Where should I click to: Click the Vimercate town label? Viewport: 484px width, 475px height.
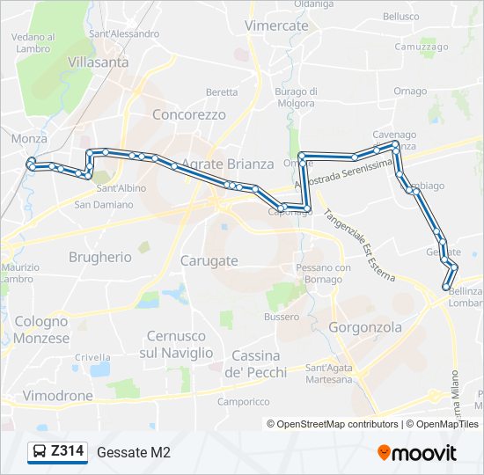pyautogui.click(x=276, y=26)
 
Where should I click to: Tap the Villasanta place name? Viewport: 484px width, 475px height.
pyautogui.click(x=98, y=62)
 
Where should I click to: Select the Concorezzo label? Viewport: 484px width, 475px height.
pyautogui.click(x=189, y=114)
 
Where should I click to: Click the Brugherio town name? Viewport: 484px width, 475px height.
pyautogui.click(x=100, y=257)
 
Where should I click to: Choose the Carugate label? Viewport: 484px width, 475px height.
pyautogui.click(x=209, y=260)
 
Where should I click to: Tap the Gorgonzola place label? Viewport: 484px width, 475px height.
pyautogui.click(x=364, y=327)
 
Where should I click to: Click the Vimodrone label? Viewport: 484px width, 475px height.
pyautogui.click(x=57, y=396)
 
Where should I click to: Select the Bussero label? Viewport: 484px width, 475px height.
pyautogui.click(x=282, y=316)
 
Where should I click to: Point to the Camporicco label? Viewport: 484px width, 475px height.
pyautogui.click(x=244, y=401)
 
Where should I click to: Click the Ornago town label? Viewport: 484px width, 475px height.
pyautogui.click(x=410, y=91)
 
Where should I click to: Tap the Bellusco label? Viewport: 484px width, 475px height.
pyautogui.click(x=400, y=16)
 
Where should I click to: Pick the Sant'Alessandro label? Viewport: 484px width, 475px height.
pyautogui.click(x=124, y=33)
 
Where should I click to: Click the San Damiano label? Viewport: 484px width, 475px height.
pyautogui.click(x=103, y=204)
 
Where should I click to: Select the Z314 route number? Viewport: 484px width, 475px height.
pyautogui.click(x=68, y=451)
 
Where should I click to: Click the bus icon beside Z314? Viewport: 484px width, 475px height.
pyautogui.click(x=39, y=452)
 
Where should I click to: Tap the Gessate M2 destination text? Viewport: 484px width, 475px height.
pyautogui.click(x=134, y=452)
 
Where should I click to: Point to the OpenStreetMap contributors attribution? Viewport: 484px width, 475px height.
pyautogui.click(x=338, y=424)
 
